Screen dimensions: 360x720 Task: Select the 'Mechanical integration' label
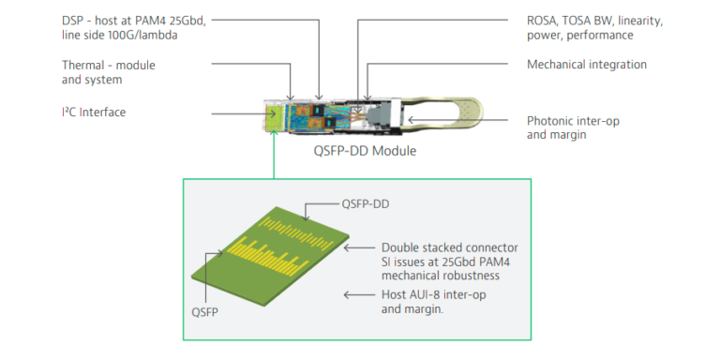[x=587, y=64]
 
